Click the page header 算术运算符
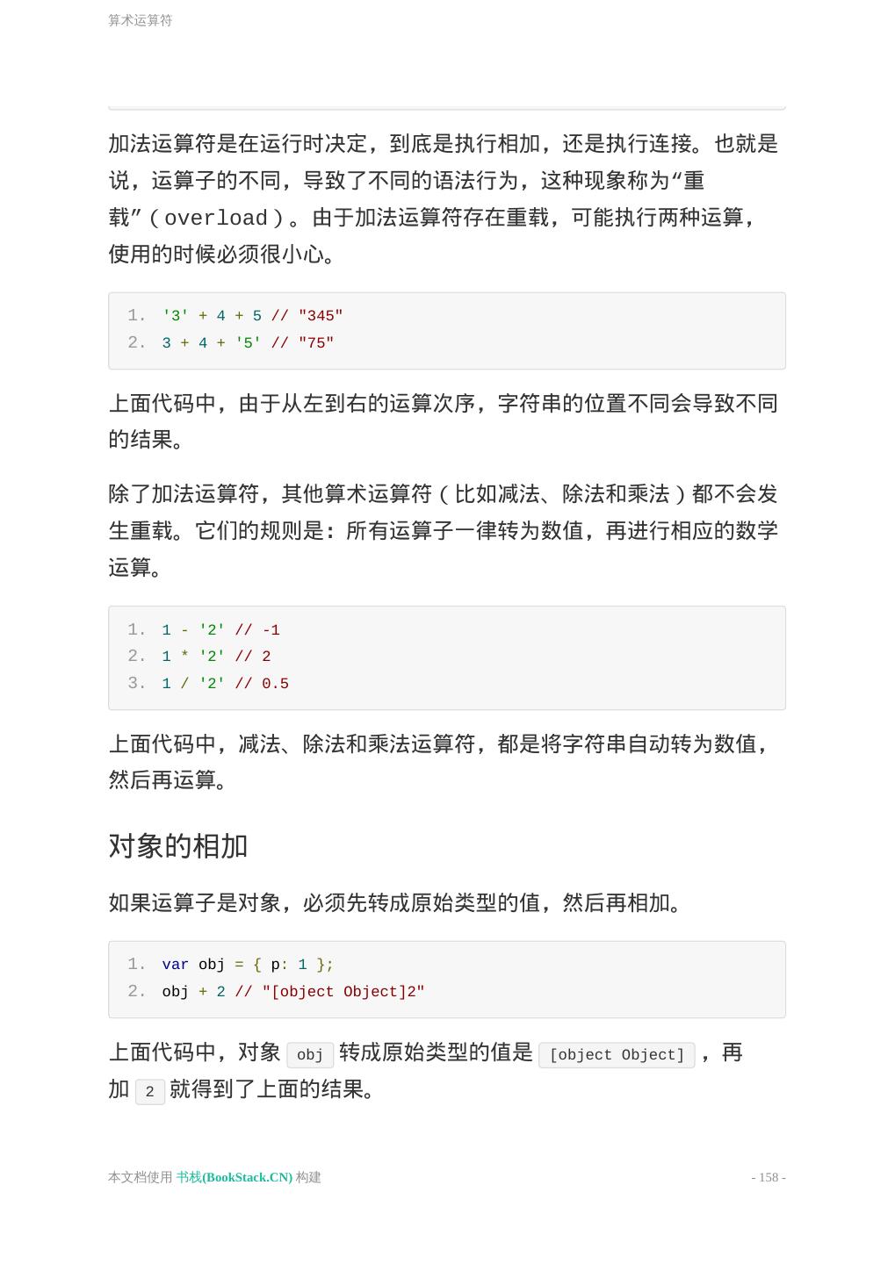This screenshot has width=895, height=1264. [x=141, y=20]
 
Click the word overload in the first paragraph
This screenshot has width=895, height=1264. [x=215, y=218]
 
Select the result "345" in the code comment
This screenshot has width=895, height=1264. [x=321, y=316]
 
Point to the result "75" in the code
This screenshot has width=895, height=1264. [x=316, y=343]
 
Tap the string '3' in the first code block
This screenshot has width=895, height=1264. [x=176, y=316]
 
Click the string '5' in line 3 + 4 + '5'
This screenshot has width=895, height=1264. [x=248, y=343]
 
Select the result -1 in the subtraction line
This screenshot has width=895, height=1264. [x=271, y=630]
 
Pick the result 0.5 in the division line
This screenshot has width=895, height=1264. [x=275, y=684]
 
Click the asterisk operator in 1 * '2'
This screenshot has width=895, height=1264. [x=184, y=657]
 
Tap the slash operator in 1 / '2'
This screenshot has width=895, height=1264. [x=184, y=684]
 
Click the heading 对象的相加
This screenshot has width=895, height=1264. [x=178, y=846]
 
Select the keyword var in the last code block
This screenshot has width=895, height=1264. [x=175, y=965]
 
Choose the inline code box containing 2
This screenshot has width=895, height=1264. [x=150, y=1092]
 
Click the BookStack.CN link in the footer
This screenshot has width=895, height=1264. [x=235, y=1177]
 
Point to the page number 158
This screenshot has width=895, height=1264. [x=769, y=1177]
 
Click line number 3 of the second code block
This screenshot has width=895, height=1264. [x=136, y=684]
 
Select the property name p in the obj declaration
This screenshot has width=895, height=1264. [x=275, y=965]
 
